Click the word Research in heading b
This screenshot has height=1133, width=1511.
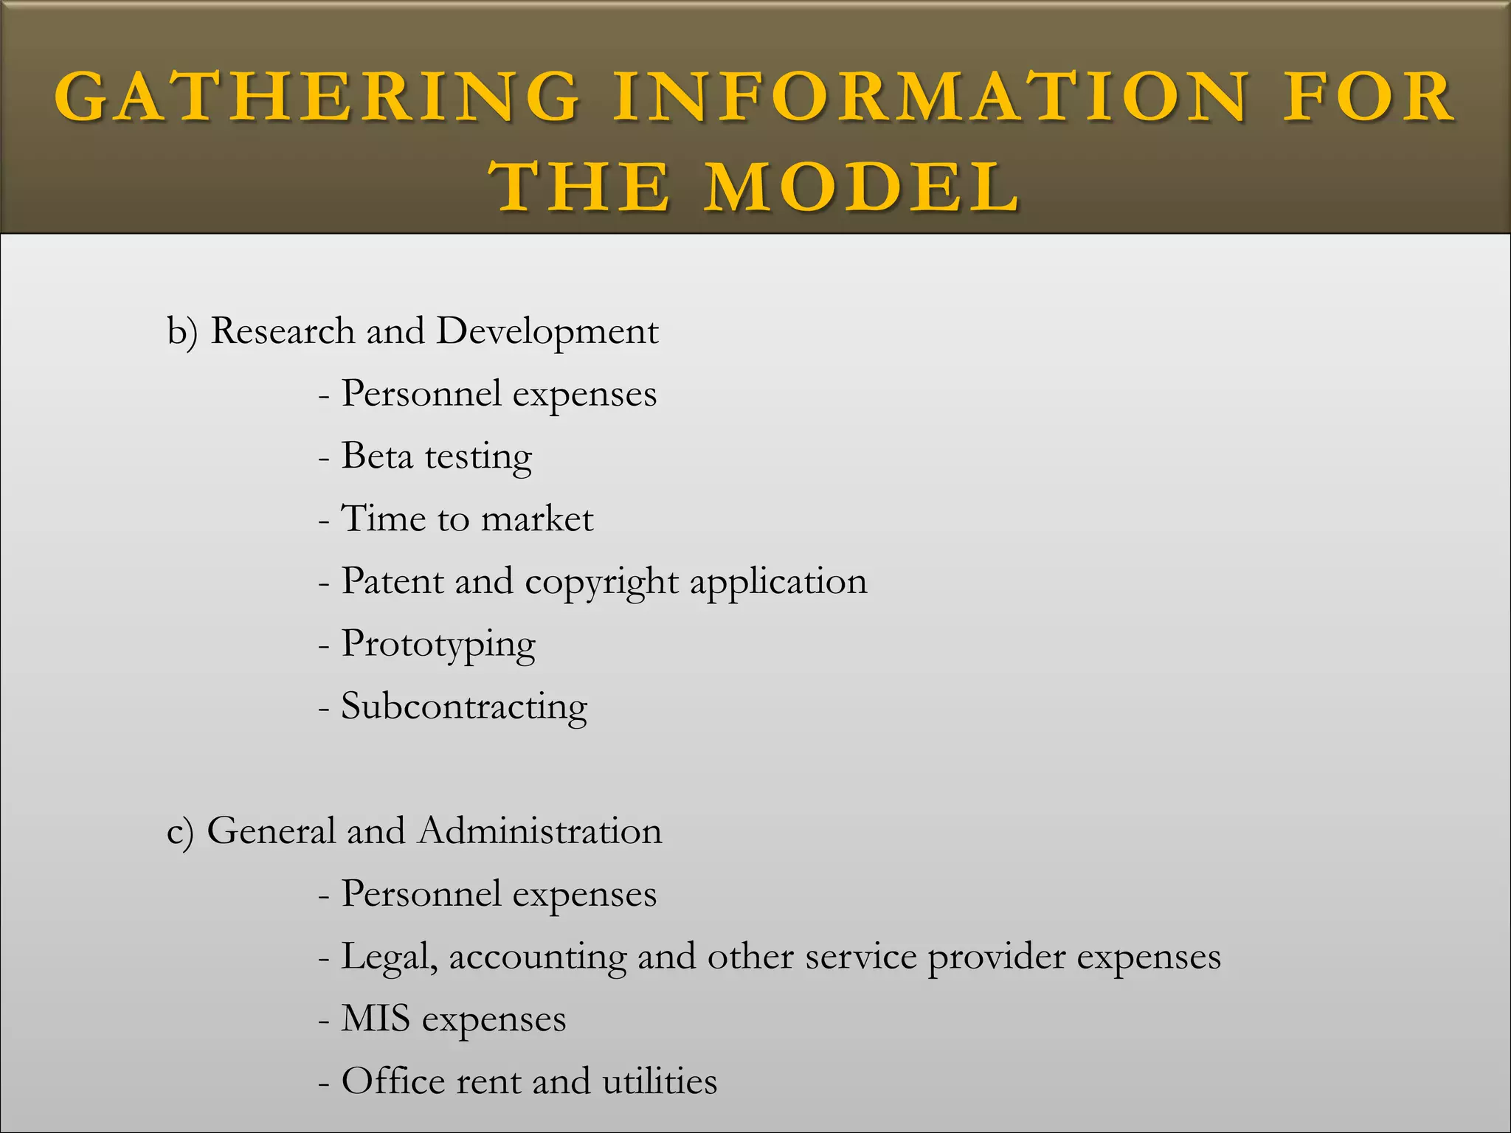pyautogui.click(x=283, y=330)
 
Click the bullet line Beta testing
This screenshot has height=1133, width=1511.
pyautogui.click(x=436, y=457)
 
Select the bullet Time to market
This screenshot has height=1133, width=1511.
pyautogui.click(x=466, y=519)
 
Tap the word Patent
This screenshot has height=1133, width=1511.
pyautogui.click(x=391, y=581)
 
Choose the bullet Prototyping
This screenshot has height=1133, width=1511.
pyautogui.click(x=438, y=645)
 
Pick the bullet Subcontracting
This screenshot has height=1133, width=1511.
pyautogui.click(x=464, y=706)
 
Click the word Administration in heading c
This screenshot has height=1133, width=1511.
pyautogui.click(x=540, y=831)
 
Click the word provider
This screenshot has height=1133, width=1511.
pyautogui.click(x=996, y=957)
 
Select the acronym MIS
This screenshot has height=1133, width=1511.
pyautogui.click(x=376, y=1019)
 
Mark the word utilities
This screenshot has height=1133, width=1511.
pyautogui.click(x=660, y=1081)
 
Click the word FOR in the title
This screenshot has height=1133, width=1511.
pyautogui.click(x=1369, y=97)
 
